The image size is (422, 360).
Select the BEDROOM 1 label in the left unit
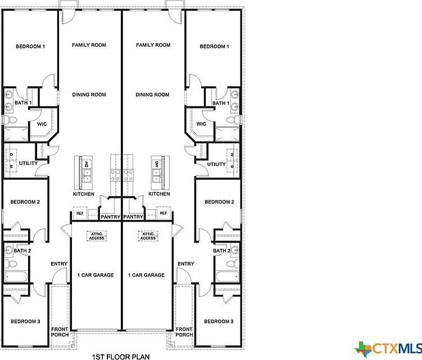(x=30, y=47)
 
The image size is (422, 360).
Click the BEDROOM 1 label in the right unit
(x=214, y=47)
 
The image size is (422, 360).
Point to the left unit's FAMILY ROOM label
(x=89, y=45)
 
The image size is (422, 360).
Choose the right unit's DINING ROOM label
(x=152, y=94)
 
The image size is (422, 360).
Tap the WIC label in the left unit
(x=42, y=124)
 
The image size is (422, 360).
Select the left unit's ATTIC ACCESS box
(x=96, y=236)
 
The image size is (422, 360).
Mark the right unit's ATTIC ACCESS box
(x=148, y=236)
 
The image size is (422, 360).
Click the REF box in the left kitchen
(x=80, y=214)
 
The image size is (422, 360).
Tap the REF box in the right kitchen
(x=164, y=214)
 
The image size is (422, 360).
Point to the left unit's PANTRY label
(x=111, y=217)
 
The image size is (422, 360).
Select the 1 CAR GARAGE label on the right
(x=146, y=275)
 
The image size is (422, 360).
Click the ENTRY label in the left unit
(x=59, y=264)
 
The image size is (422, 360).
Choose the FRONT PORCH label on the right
(x=184, y=332)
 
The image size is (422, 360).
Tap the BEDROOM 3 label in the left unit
(x=25, y=321)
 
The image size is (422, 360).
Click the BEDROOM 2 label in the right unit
(x=219, y=202)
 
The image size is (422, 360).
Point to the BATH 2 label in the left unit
(x=23, y=250)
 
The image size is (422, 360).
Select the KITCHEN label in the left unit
(x=83, y=194)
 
